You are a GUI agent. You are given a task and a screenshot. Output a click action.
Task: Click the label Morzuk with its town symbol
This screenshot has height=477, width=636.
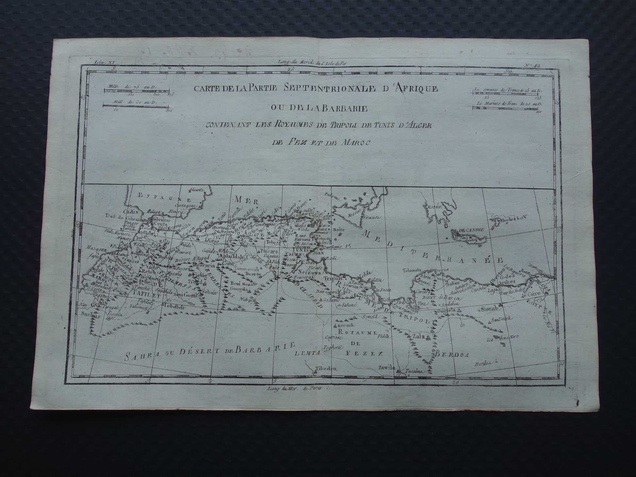[x=342, y=326]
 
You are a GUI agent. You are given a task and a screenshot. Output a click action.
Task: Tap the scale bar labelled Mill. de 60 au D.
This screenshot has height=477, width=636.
[x=135, y=106]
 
